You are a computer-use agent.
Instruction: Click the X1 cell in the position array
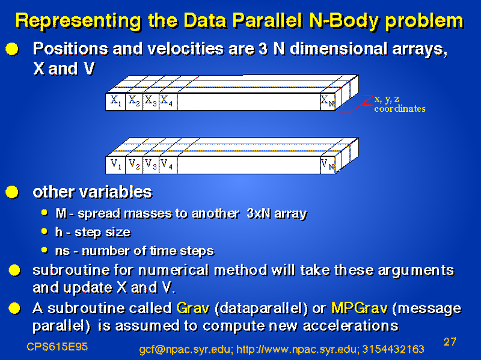coord(115,102)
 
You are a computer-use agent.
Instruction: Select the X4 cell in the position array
coord(168,102)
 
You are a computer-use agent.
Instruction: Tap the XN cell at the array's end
coord(328,102)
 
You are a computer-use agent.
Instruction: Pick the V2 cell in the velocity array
coord(134,165)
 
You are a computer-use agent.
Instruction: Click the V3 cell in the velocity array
coord(151,165)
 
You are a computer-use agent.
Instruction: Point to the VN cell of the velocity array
coord(328,165)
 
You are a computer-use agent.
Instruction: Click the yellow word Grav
coord(193,308)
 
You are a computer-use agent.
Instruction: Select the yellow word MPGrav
coord(360,308)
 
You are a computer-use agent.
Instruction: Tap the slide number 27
coord(450,341)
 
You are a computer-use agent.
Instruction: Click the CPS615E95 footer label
coord(57,347)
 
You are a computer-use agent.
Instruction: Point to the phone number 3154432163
coord(393,349)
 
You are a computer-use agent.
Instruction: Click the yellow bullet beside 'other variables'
coord(12,192)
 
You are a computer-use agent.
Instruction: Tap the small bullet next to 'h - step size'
coord(44,231)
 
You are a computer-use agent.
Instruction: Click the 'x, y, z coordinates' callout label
coord(399,104)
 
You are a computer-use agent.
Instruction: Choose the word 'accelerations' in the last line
coord(351,326)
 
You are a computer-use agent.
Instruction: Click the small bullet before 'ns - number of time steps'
coord(44,250)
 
